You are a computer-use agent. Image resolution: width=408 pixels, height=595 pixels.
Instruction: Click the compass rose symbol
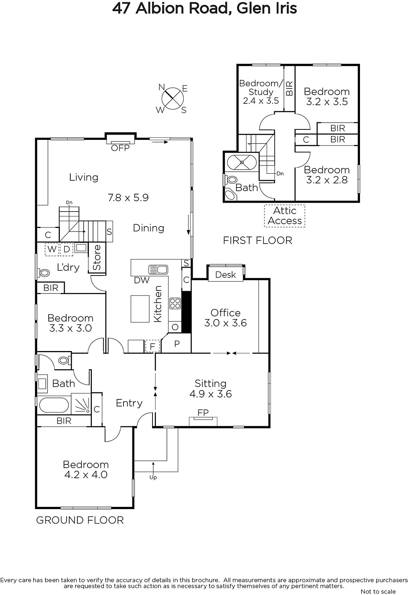click(173, 98)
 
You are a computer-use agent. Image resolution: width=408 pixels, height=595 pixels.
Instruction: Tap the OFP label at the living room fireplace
click(120, 148)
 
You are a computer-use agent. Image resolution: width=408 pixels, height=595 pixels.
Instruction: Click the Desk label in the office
click(225, 274)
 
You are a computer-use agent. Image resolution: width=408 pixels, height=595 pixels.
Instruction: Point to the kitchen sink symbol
click(158, 270)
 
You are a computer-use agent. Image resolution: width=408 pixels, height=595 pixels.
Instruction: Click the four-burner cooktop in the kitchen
click(175, 303)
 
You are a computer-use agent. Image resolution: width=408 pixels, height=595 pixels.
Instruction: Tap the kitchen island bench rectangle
click(140, 309)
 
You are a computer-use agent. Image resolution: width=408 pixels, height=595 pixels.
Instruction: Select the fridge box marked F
click(152, 346)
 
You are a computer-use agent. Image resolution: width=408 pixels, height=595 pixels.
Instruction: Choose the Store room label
click(97, 257)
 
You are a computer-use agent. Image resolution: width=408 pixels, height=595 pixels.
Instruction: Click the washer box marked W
click(52, 250)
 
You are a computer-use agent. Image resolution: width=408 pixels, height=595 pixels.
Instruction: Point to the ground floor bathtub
click(54, 405)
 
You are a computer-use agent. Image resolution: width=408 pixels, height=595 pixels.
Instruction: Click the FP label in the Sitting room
click(203, 412)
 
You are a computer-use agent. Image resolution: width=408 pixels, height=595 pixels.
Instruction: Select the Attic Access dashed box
click(285, 216)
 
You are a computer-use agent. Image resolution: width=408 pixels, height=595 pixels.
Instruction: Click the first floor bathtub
click(242, 162)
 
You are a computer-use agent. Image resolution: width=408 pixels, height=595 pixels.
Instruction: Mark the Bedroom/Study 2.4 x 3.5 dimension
click(261, 101)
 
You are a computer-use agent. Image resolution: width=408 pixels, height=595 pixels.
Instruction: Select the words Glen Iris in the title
click(266, 9)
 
